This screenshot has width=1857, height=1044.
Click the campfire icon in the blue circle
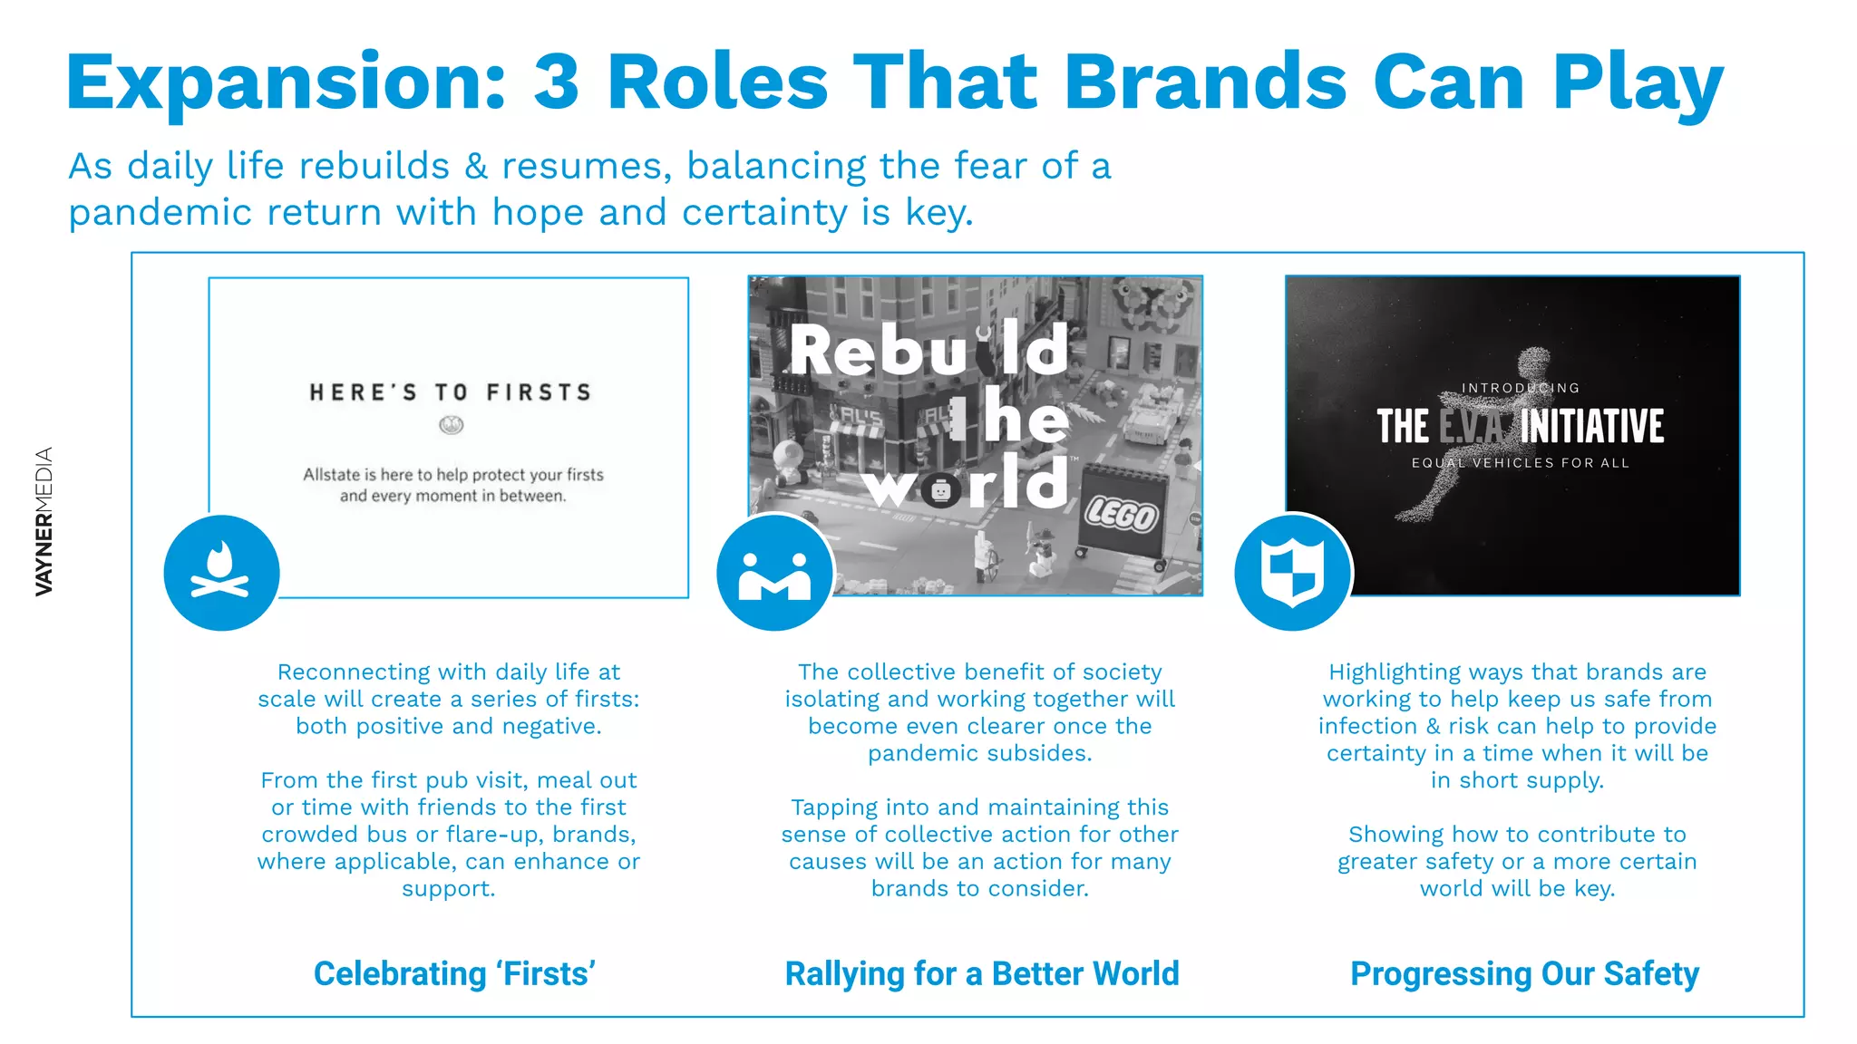(x=221, y=573)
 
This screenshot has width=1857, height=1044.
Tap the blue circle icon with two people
(x=774, y=574)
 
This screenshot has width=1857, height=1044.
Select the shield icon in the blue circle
(x=1292, y=573)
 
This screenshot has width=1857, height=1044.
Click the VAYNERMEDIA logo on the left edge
(x=44, y=521)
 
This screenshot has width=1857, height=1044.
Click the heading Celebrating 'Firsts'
(x=454, y=973)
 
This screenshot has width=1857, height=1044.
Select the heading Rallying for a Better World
(x=981, y=973)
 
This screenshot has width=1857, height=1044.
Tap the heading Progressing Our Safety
(x=1524, y=973)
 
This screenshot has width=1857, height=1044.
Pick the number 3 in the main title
(x=556, y=82)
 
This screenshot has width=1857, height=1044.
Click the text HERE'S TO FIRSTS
(x=451, y=392)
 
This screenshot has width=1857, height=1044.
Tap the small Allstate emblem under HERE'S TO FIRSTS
(x=451, y=424)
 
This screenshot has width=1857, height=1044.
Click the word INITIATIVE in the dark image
(x=1592, y=426)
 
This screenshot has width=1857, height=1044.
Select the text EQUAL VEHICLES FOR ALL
(x=1520, y=463)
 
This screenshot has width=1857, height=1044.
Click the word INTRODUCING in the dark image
(x=1520, y=388)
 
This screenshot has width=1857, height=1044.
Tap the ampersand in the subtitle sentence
(x=476, y=167)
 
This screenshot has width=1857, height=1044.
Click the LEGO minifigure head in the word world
(x=940, y=490)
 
